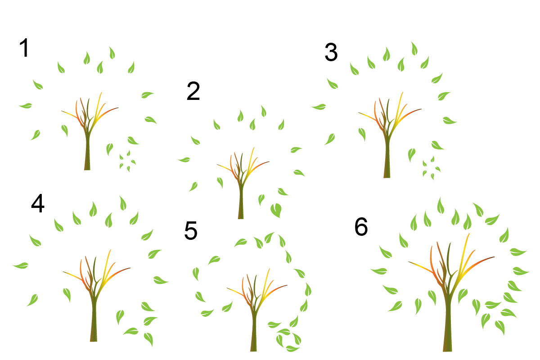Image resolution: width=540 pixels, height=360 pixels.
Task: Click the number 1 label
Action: tap(24, 48)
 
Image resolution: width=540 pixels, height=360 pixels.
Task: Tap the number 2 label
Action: tap(193, 91)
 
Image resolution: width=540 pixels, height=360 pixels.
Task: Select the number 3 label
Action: tap(331, 52)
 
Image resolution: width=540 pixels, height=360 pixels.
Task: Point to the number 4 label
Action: tap(38, 203)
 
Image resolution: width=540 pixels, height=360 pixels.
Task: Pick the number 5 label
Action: tap(191, 231)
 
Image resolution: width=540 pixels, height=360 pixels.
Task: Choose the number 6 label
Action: tap(361, 226)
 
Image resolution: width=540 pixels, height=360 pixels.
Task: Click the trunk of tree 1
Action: tap(87, 152)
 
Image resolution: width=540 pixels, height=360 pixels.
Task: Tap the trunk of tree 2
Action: tap(241, 202)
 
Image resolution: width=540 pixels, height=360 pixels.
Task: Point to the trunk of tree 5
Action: tap(253, 333)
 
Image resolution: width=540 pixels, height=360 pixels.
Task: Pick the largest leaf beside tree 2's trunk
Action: tap(276, 210)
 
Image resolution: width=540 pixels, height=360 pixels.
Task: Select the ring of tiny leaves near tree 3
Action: tap(431, 167)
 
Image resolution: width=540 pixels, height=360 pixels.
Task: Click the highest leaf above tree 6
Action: tap(441, 206)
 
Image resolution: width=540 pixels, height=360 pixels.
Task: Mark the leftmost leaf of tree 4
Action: tap(21, 265)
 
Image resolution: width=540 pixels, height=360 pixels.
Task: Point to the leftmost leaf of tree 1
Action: tap(26, 106)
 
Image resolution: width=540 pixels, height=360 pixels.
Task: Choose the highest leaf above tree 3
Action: tap(414, 49)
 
